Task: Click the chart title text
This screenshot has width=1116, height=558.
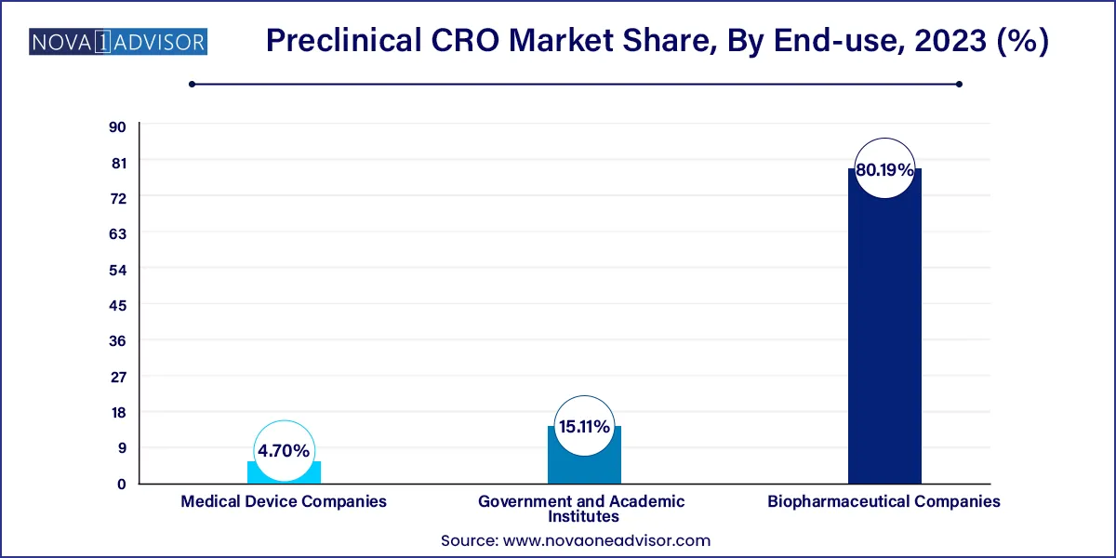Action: point(658,42)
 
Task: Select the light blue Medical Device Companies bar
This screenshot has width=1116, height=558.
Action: point(284,472)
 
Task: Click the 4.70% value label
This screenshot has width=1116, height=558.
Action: point(284,451)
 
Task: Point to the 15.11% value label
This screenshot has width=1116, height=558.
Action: point(584,428)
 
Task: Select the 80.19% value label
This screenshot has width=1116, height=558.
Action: point(884,169)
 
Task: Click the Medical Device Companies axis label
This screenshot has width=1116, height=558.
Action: point(284,501)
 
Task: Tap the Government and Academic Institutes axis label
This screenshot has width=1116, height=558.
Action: point(581,509)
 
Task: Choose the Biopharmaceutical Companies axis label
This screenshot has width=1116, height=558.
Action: point(883,501)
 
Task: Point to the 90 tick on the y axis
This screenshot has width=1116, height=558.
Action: point(117,126)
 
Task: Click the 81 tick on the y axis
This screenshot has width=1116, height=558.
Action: point(117,162)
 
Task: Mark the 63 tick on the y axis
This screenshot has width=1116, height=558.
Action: point(117,233)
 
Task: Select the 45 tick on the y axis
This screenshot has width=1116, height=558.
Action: point(117,305)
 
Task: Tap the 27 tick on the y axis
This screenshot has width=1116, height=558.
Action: point(117,377)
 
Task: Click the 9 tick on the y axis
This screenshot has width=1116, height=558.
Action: point(121,448)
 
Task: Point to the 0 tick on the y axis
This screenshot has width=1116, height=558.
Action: point(121,484)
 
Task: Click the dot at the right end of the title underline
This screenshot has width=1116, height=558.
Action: point(959,84)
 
